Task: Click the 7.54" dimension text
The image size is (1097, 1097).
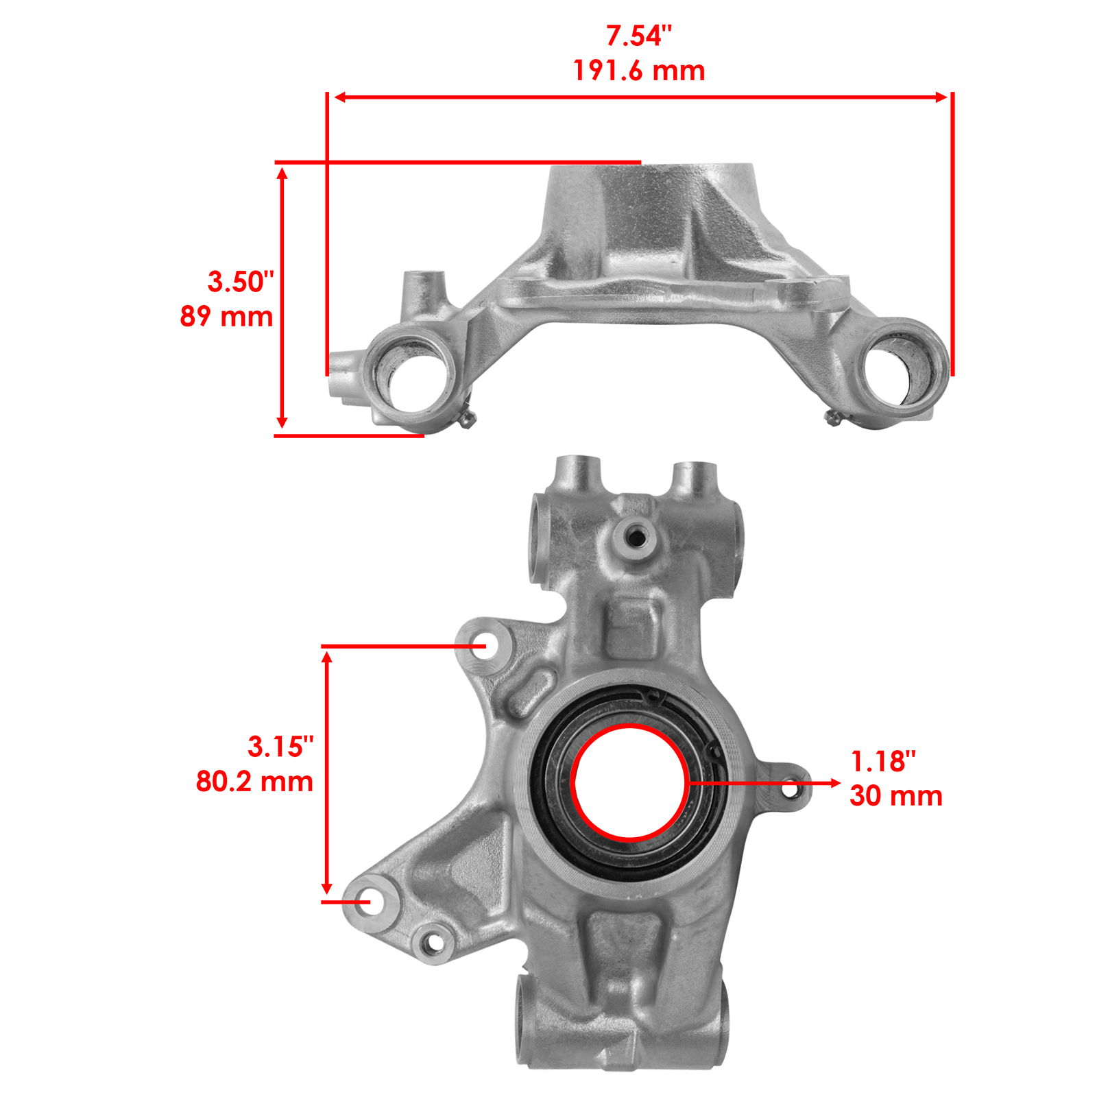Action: coord(639,36)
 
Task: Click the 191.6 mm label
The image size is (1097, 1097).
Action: coord(639,71)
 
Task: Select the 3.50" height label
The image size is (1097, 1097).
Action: coord(241,282)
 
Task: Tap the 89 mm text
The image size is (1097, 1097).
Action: coord(227,317)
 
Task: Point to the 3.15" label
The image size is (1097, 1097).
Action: coord(280,747)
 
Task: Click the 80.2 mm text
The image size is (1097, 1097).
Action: coord(255,782)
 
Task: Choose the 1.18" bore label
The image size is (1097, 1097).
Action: coord(883,761)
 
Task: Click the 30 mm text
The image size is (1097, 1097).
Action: coord(896,796)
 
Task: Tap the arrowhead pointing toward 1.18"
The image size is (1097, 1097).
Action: coord(835,782)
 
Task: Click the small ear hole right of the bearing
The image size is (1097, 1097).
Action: coord(790,789)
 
